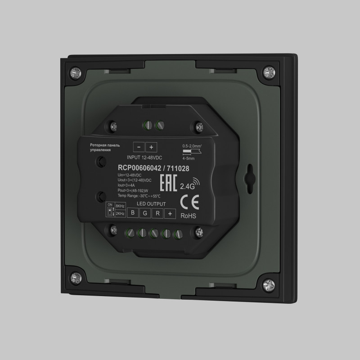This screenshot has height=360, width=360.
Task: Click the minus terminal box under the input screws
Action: (x=139, y=147)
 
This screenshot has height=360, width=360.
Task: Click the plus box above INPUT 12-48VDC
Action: (x=151, y=147)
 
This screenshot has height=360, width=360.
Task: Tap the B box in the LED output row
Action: (x=133, y=213)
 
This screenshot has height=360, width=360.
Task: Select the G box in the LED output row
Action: (x=145, y=214)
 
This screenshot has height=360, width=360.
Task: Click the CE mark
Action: (x=187, y=201)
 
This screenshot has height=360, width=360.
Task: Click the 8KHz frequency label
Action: (x=120, y=206)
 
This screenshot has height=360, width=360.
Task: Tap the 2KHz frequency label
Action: (x=120, y=214)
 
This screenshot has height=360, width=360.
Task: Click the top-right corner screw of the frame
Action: (x=270, y=72)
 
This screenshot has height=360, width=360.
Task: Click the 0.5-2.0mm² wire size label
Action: (x=192, y=146)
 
